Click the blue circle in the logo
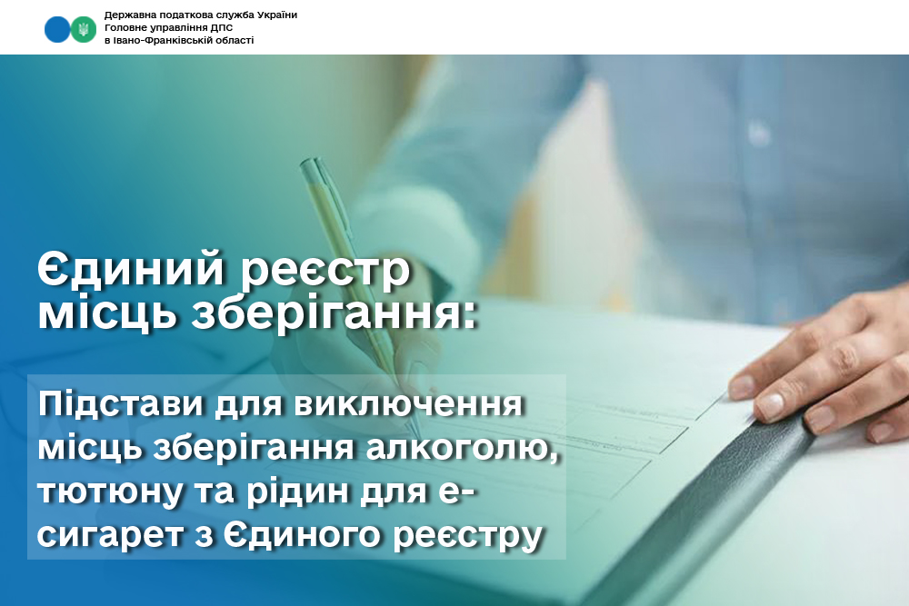click(x=56, y=29)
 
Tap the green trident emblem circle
click(x=84, y=29)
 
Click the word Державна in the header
click(x=125, y=15)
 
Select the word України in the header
click(x=277, y=15)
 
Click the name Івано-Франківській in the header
click(x=160, y=41)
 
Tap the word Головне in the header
click(x=124, y=28)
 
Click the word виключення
click(x=409, y=404)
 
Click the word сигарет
click(x=111, y=536)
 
